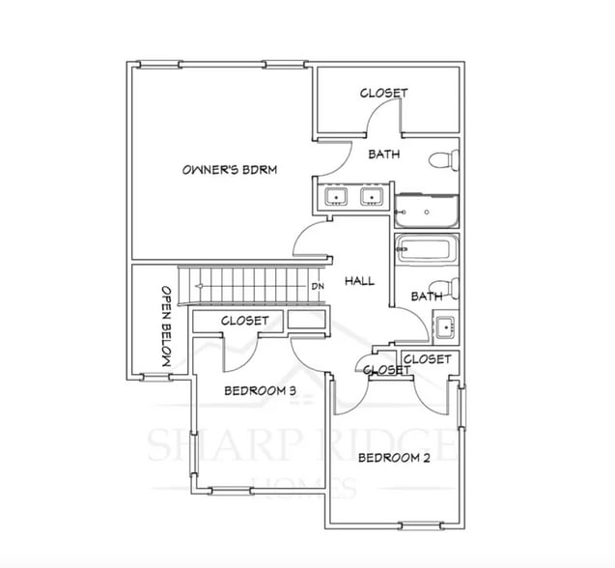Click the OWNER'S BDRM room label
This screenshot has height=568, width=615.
tap(230, 170)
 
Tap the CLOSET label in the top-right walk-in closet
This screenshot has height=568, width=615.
tap(383, 93)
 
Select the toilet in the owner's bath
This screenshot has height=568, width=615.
tap(443, 160)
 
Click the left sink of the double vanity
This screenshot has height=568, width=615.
tap(336, 198)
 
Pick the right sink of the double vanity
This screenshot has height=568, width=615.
tap(370, 198)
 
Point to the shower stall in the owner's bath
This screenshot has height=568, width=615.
tap(426, 207)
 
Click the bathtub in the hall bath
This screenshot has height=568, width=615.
tap(426, 251)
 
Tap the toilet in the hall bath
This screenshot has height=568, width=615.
tap(445, 291)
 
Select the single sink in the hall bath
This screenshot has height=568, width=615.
tap(444, 327)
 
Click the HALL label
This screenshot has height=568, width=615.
tap(359, 281)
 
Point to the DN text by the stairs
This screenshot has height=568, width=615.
tap(317, 287)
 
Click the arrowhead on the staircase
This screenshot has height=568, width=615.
tap(198, 286)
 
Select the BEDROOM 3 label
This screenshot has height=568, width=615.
tap(259, 391)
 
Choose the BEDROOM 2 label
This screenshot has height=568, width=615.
tap(394, 458)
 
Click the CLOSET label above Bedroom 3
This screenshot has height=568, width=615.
tap(244, 321)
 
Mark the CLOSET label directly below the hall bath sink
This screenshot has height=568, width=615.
tap(426, 359)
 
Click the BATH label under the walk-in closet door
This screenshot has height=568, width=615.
tap(383, 154)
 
